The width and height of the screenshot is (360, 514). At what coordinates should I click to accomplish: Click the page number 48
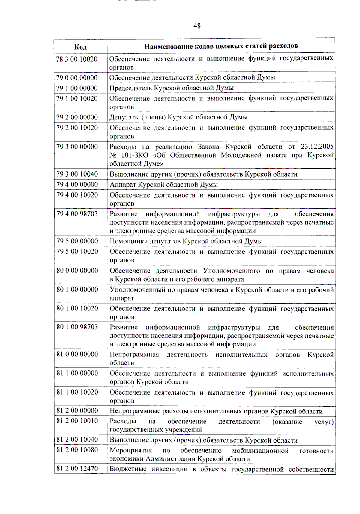click(197, 26)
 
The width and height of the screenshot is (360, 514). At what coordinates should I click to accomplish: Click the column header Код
click(80, 47)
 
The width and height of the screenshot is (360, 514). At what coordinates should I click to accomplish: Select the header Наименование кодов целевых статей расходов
click(221, 46)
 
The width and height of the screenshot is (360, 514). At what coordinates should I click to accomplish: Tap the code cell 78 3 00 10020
click(77, 59)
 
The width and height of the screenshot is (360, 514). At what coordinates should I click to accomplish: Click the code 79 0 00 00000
click(77, 78)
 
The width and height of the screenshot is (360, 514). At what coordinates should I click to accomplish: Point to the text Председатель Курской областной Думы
click(171, 88)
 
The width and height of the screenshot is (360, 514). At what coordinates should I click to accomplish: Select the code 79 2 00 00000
click(77, 117)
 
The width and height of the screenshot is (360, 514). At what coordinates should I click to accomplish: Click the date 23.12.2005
click(317, 147)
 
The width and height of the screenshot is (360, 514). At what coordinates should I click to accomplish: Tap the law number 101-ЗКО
click(134, 155)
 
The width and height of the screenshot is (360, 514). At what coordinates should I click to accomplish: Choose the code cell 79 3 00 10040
click(77, 174)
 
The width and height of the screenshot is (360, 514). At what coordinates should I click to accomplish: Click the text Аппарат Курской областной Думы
click(163, 185)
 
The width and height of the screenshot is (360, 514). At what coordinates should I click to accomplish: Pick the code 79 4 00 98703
click(77, 214)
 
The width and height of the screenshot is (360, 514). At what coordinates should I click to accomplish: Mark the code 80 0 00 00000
click(77, 271)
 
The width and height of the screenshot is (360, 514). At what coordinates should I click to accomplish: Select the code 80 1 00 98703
click(77, 327)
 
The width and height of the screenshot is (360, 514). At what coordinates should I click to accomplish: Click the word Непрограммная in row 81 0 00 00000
click(134, 355)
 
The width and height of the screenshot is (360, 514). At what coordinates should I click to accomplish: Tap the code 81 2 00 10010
click(77, 421)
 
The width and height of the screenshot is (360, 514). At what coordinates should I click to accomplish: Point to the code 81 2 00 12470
click(77, 468)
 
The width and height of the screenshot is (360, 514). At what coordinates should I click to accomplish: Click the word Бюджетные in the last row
click(128, 469)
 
